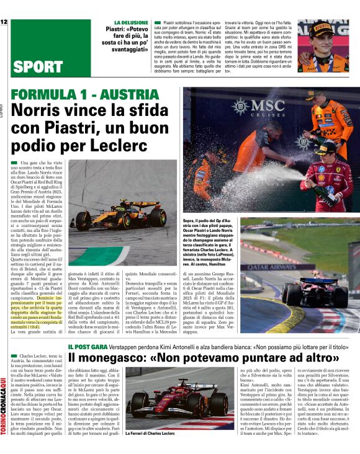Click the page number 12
click(4, 23)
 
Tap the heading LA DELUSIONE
click(122, 22)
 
